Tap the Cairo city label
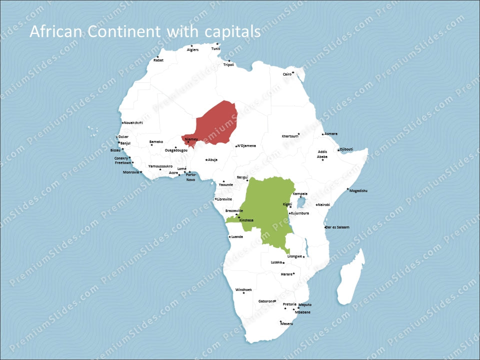287,74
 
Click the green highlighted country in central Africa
270,210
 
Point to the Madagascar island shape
350,280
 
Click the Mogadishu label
358,190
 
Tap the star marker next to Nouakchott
122,123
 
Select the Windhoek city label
243,289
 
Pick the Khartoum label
289,136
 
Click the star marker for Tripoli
229,61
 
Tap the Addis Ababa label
322,154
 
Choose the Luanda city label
237,236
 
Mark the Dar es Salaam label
337,227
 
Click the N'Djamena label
246,146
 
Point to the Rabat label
158,60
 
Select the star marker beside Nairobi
316,205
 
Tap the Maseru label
286,323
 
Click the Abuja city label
213,160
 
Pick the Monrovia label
131,172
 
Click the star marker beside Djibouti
338,150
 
